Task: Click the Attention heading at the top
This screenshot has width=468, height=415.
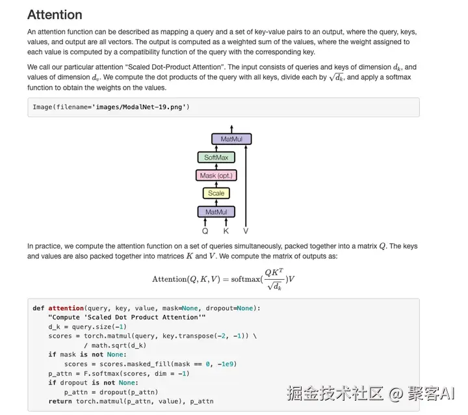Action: point(55,14)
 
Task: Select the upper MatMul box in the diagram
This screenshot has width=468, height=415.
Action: point(231,139)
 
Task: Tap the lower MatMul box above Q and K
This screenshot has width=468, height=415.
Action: point(216,212)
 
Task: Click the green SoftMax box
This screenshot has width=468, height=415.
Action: point(216,157)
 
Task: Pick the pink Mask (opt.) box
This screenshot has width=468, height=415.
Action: point(216,176)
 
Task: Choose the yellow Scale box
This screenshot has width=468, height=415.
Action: point(216,193)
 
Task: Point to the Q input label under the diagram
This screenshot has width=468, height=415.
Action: point(205,230)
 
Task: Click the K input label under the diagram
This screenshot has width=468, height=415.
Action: point(226,230)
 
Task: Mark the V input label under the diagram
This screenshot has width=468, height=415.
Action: point(246,230)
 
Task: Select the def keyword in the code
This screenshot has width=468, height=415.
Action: point(38,308)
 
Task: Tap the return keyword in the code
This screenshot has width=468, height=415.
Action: point(60,401)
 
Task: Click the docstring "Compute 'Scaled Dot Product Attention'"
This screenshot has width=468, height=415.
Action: point(127,317)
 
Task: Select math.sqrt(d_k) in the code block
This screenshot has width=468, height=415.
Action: point(120,345)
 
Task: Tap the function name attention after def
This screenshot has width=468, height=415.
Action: point(66,308)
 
